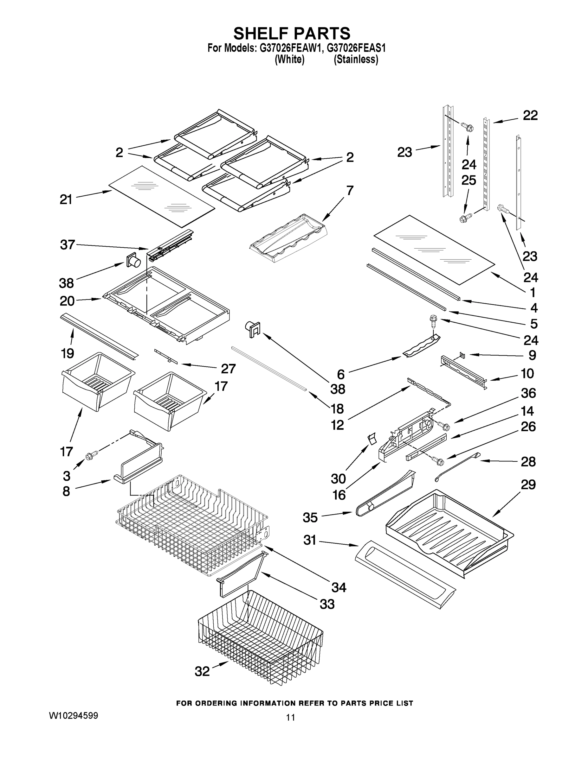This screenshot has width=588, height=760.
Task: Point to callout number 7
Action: coord(350,191)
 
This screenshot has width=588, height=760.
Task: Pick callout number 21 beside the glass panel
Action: coord(66,199)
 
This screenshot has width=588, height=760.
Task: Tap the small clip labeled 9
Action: coord(462,355)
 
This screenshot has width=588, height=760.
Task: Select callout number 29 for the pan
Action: coord(528,484)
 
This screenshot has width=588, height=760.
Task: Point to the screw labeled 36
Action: coord(443,425)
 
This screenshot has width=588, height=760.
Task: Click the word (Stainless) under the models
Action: coord(356,60)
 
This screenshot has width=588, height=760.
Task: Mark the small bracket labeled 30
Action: coord(372,439)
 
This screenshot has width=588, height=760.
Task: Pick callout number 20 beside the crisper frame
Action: coord(67,301)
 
